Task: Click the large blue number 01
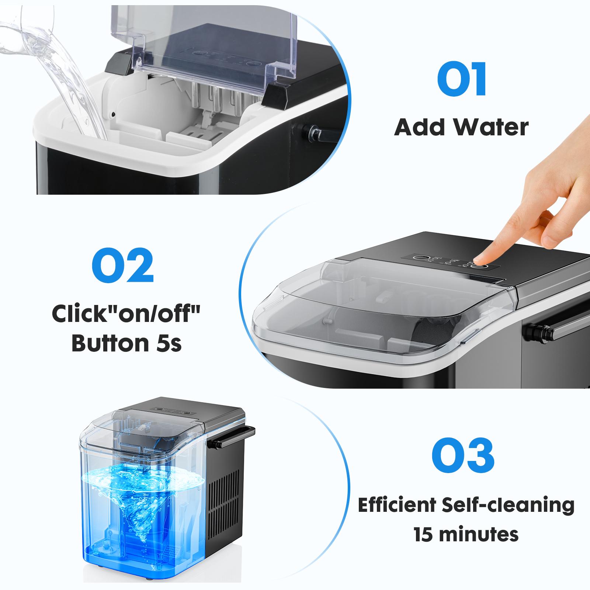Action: tap(462, 79)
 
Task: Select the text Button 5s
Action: tap(126, 343)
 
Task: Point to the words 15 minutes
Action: tap(466, 534)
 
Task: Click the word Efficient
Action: tap(397, 505)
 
